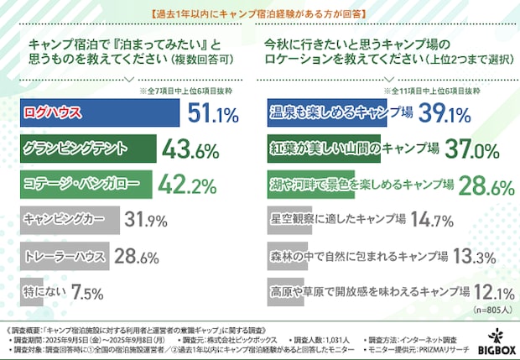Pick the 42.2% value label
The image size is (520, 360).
click(x=188, y=185)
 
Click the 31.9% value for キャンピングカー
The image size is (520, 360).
click(x=146, y=221)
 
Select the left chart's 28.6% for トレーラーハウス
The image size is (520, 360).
click(x=136, y=256)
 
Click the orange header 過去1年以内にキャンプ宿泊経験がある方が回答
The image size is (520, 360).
click(x=259, y=13)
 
